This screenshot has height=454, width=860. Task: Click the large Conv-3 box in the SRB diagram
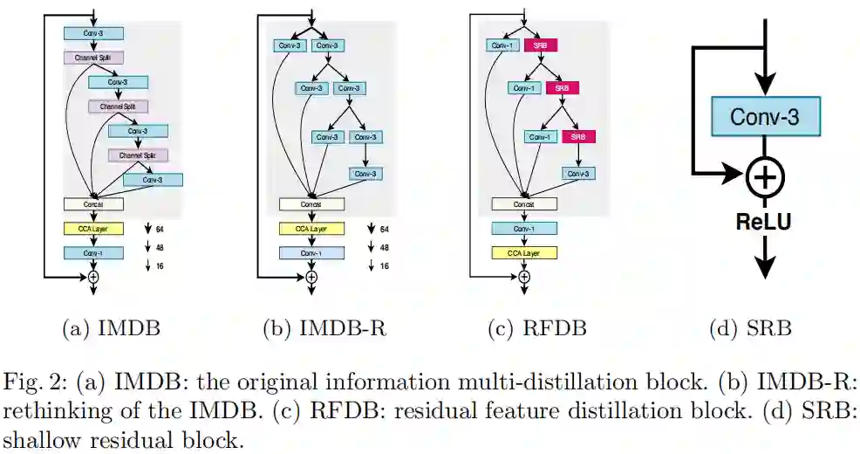point(764,116)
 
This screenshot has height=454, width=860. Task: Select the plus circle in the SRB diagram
point(764,177)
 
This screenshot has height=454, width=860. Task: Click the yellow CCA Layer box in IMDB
point(93,229)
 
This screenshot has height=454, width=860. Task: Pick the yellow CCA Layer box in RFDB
point(524,253)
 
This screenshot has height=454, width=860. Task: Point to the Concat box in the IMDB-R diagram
point(311,204)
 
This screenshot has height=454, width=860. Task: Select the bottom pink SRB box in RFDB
point(578,137)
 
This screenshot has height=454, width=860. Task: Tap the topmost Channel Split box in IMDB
point(93,58)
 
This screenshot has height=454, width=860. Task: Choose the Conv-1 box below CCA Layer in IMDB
point(93,253)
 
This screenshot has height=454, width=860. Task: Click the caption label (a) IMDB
point(111,328)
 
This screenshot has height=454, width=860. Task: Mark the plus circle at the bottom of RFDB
point(524,277)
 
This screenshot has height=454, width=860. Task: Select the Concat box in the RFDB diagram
point(524,204)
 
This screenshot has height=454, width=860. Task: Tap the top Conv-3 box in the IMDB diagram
point(93,33)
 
